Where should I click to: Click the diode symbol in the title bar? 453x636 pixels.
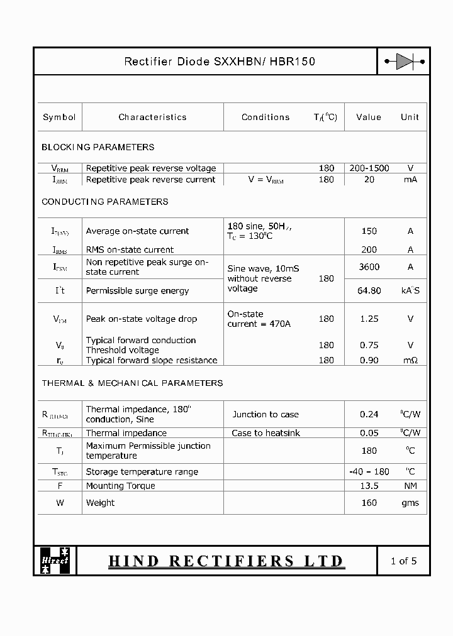pyautogui.click(x=404, y=62)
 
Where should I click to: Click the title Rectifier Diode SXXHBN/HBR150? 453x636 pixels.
pyautogui.click(x=220, y=62)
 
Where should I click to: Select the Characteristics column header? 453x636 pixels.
pyautogui.click(x=152, y=117)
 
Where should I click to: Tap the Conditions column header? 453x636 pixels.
pyautogui.click(x=266, y=117)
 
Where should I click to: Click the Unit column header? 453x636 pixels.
pyautogui.click(x=410, y=117)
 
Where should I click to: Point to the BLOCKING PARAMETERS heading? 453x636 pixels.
pyautogui.click(x=98, y=147)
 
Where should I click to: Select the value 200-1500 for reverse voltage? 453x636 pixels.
pyautogui.click(x=369, y=168)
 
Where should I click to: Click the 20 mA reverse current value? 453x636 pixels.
pyautogui.click(x=369, y=180)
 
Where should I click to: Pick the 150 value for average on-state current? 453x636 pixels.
pyautogui.click(x=369, y=231)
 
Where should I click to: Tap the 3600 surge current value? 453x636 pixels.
pyautogui.click(x=369, y=267)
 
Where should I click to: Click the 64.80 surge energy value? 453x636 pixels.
pyautogui.click(x=369, y=291)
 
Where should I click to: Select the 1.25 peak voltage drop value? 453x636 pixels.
pyautogui.click(x=369, y=319)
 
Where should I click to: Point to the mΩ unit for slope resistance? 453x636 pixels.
pyautogui.click(x=410, y=361)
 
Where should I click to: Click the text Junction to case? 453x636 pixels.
pyautogui.click(x=266, y=415)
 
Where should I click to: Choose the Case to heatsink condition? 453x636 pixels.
pyautogui.click(x=266, y=433)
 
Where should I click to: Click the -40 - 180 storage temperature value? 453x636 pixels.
pyautogui.click(x=369, y=472)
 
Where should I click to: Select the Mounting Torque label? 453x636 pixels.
pyautogui.click(x=120, y=486)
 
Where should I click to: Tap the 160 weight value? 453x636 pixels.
pyautogui.click(x=369, y=503)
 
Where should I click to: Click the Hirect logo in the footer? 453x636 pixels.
pyautogui.click(x=55, y=561)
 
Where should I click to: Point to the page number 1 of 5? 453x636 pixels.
pyautogui.click(x=403, y=561)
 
